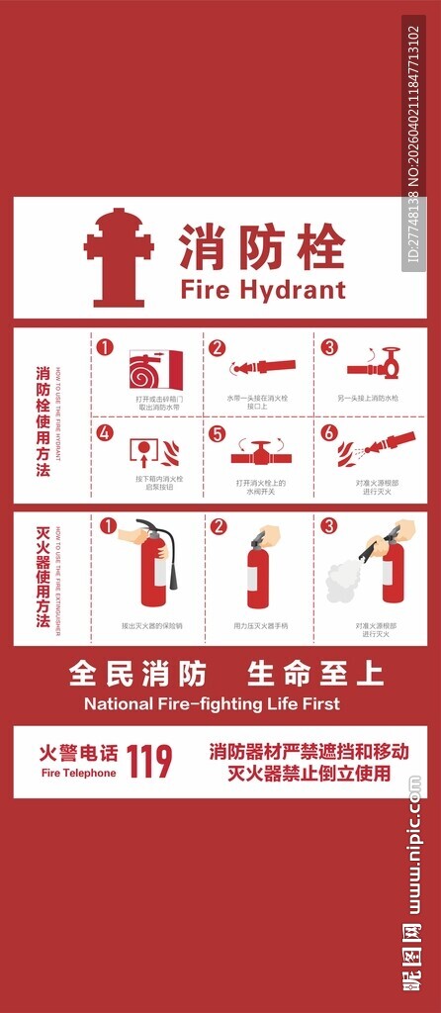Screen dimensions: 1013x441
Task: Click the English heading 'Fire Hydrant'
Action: [x=262, y=289]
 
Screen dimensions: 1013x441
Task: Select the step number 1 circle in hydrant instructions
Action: [x=106, y=348]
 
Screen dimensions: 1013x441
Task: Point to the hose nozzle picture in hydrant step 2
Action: [x=262, y=367]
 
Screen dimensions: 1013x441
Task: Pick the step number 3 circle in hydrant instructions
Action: [x=329, y=348]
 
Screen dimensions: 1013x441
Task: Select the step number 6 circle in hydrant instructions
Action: [x=329, y=432]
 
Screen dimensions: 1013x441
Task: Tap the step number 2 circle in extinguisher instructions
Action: [x=219, y=526]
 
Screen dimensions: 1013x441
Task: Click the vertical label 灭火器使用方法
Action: [x=43, y=579]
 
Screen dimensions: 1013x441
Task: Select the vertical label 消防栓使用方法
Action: [x=43, y=420]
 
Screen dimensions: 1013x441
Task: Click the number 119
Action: [x=149, y=761]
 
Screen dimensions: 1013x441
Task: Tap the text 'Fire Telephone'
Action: [x=78, y=773]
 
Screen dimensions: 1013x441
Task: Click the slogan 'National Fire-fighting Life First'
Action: [x=212, y=704]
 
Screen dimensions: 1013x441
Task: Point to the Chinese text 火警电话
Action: [x=78, y=753]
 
